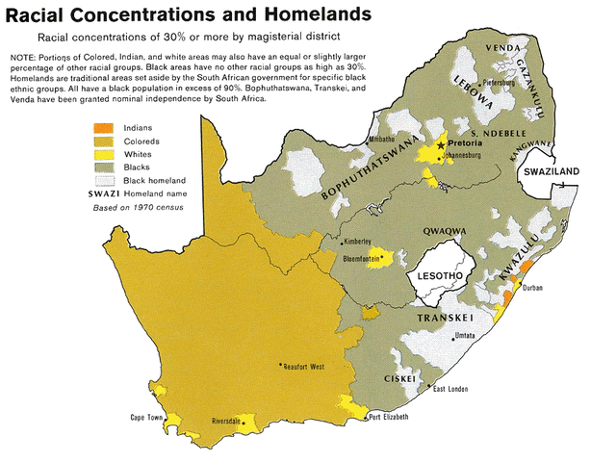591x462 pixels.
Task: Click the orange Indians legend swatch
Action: (103, 127)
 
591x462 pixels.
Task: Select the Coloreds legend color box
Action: (103, 141)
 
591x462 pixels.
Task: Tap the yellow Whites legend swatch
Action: (103, 154)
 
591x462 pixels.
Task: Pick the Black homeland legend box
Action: (103, 181)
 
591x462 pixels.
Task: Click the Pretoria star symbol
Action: (442, 144)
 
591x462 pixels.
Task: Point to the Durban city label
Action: (533, 288)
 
